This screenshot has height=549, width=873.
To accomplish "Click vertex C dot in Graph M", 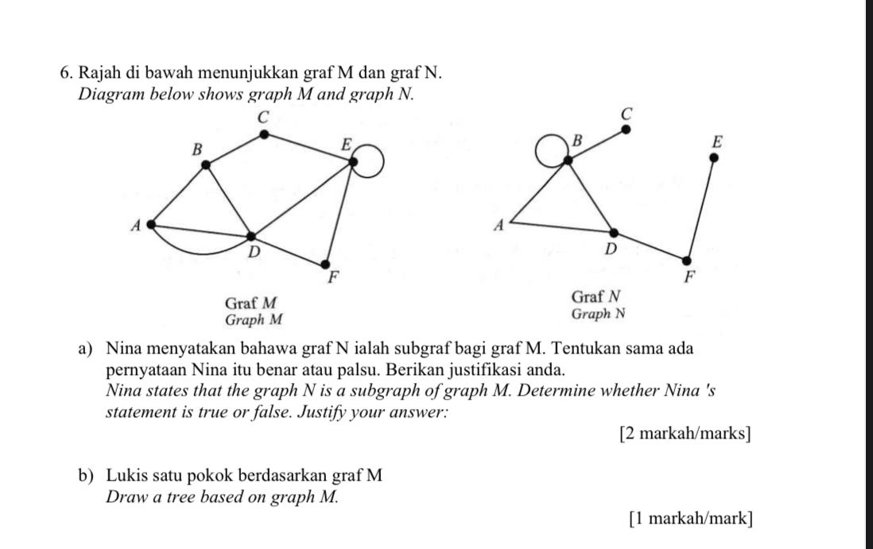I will [x=264, y=136].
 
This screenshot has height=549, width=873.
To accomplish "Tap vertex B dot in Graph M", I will [x=207, y=164].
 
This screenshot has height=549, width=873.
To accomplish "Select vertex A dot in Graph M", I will [x=148, y=225].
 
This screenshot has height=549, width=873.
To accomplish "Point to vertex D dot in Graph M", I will [x=251, y=237].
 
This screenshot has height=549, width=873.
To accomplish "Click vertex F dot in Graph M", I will [x=324, y=263].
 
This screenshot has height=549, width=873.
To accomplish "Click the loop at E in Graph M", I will [x=371, y=164].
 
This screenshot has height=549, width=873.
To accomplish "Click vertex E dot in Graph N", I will [x=713, y=157].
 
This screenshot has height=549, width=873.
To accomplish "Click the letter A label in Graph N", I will [x=499, y=226].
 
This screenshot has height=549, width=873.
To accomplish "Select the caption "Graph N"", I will [x=598, y=313].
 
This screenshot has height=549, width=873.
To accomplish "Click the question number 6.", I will [x=67, y=74].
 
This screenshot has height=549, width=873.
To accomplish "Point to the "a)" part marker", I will [x=87, y=349].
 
